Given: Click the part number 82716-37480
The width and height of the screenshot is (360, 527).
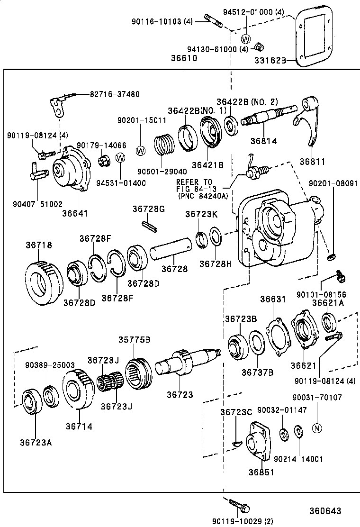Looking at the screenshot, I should (115, 94).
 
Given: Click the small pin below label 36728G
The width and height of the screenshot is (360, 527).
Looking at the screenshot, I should (148, 226).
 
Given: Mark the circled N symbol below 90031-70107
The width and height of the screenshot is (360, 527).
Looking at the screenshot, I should (317, 428).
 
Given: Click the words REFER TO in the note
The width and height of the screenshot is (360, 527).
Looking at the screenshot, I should (194, 182).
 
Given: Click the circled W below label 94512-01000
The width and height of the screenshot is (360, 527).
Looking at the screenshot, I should (246, 39).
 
